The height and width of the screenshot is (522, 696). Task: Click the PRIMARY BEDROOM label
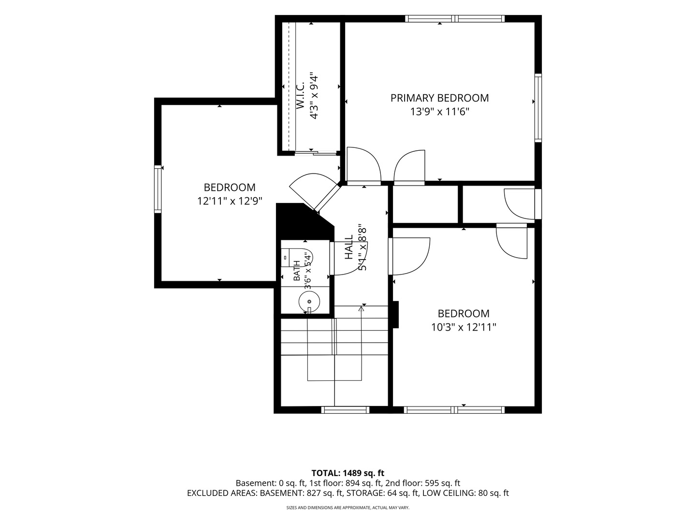click(x=439, y=98)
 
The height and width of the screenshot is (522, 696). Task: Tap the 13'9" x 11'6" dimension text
click(x=439, y=112)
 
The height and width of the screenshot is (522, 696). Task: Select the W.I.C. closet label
click(x=300, y=96)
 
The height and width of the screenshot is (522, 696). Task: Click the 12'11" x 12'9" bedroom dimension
click(x=230, y=201)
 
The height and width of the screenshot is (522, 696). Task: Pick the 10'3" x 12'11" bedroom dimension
click(x=464, y=327)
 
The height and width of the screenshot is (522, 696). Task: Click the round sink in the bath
click(x=309, y=302)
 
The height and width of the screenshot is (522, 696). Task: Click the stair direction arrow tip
click(x=361, y=306)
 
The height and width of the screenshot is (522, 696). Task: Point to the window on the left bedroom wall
click(x=158, y=189)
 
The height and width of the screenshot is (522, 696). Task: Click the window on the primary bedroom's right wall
click(x=538, y=108)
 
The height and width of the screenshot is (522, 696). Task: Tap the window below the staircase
click(x=345, y=410)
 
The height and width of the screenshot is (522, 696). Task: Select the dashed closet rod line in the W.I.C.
click(x=289, y=87)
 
